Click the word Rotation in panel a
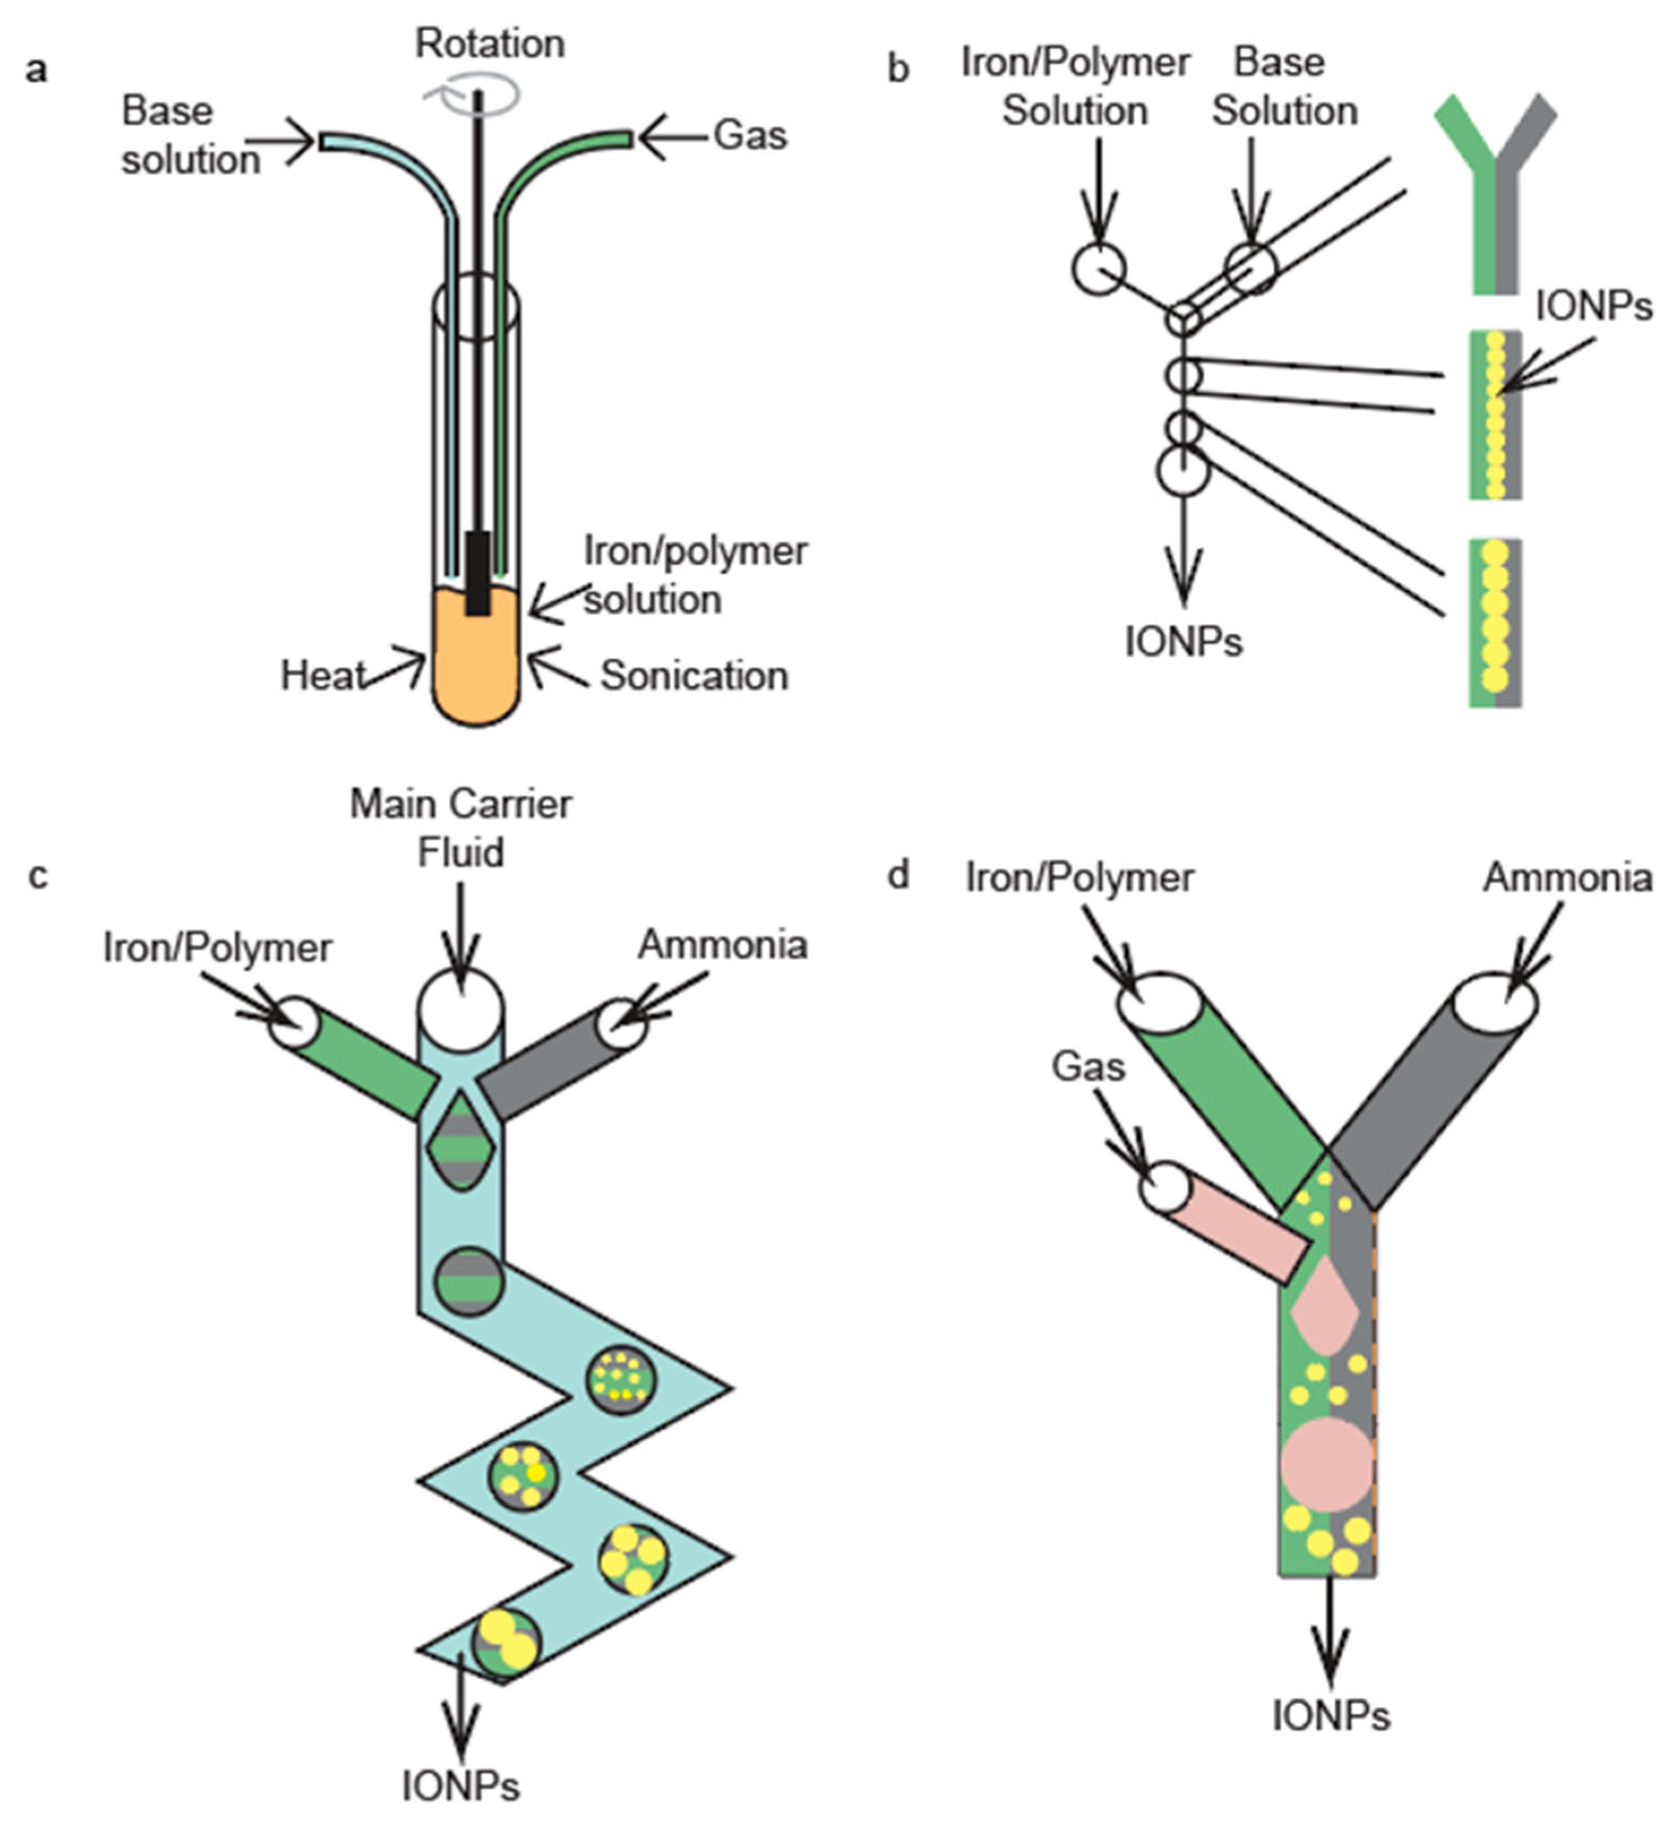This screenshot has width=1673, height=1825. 490,44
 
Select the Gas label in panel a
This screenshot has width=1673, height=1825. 750,136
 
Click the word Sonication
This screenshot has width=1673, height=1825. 694,676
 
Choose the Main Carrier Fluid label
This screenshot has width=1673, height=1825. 461,828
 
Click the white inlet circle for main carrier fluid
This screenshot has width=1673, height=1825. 460,1008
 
